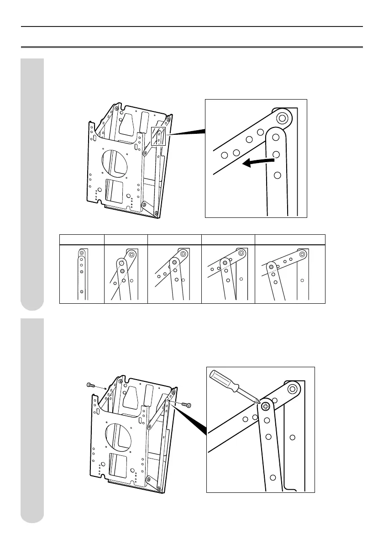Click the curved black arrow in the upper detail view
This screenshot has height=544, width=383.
257,162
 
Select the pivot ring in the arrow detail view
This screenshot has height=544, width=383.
283,118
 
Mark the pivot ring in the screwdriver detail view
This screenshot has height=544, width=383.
293,389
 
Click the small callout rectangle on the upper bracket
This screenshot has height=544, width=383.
158,136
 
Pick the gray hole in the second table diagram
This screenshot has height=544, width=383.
122,271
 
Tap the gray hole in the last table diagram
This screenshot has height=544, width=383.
272,266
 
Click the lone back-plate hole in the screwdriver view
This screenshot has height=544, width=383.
293,437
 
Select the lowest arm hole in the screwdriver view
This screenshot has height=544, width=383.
273,477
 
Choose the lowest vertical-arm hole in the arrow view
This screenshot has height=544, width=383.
277,175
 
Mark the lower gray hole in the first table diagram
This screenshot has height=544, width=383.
82,291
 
